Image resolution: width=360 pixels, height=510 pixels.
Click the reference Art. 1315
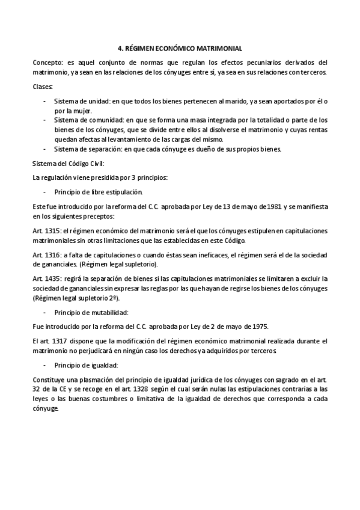pyautogui.click(x=47, y=232)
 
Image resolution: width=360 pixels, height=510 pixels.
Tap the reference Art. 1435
pyautogui.click(x=47, y=278)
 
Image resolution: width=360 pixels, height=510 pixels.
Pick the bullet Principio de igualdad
pyautogui.click(x=87, y=365)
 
